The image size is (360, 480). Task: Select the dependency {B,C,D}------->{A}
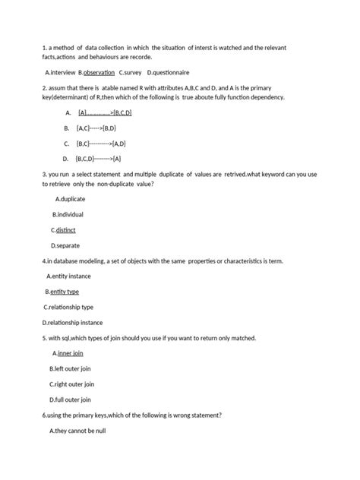click(98, 159)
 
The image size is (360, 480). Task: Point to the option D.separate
click(65, 245)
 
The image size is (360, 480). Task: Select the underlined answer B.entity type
click(62, 292)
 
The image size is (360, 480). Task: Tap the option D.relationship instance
click(74, 322)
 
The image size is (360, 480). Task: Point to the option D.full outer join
click(71, 399)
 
